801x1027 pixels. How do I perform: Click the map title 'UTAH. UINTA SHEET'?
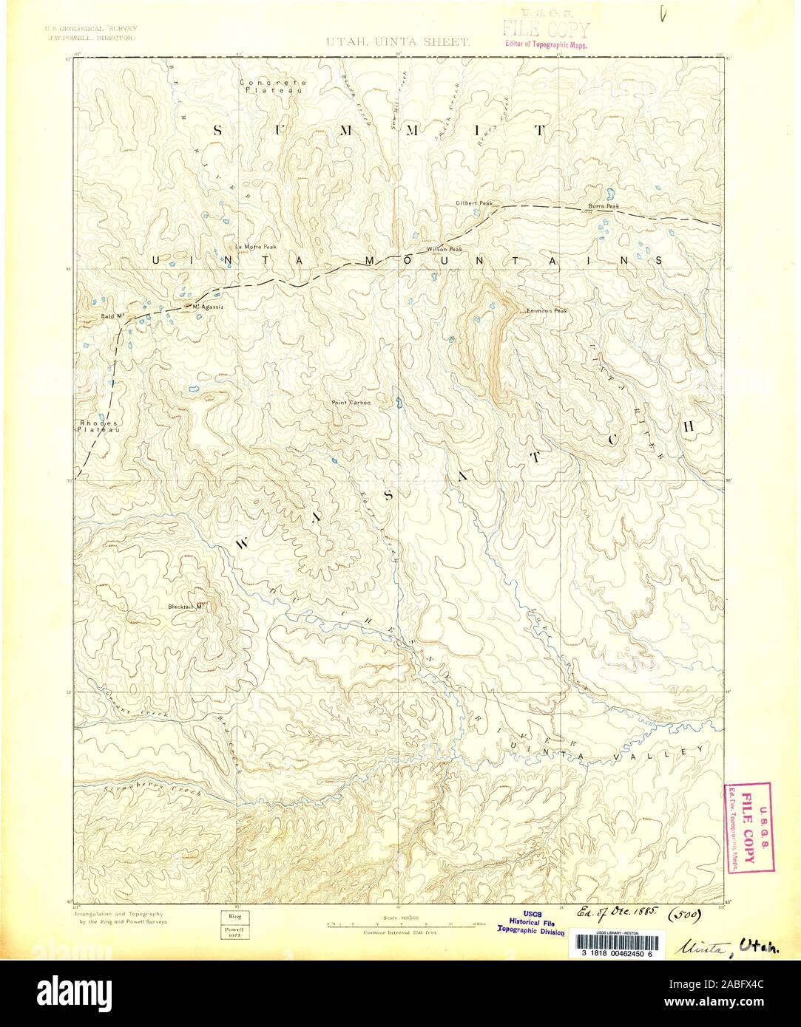[x=397, y=43]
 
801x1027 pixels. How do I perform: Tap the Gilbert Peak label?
[x=473, y=202]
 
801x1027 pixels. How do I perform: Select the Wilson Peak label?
[x=444, y=250]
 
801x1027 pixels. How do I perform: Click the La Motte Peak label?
[x=255, y=245]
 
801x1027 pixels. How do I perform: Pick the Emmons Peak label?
[x=547, y=310]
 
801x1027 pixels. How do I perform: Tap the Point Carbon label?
[x=351, y=403]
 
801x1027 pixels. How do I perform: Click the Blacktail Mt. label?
[x=186, y=607]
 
